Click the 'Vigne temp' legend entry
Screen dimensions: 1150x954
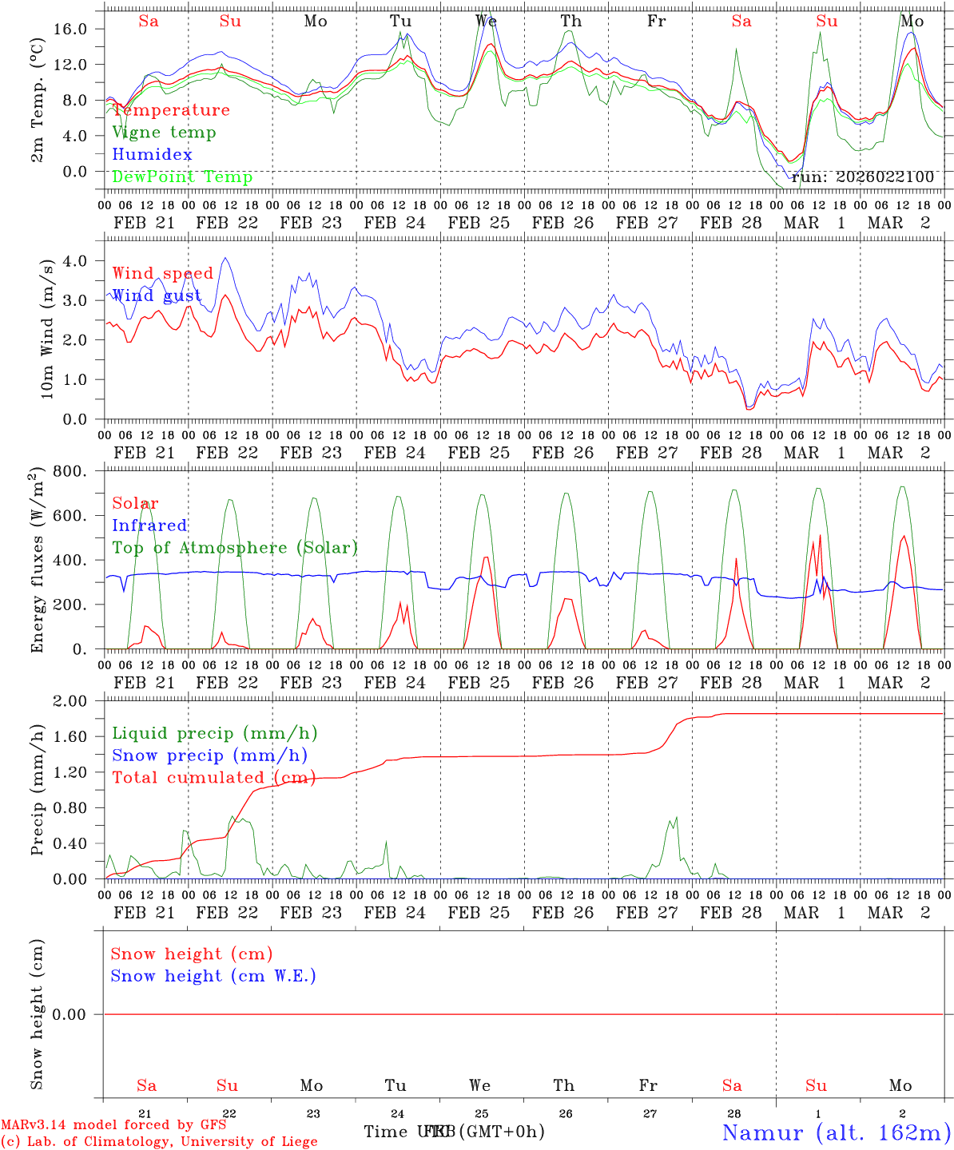164,133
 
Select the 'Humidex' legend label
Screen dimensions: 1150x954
152,154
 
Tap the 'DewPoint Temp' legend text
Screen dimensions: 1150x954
182,176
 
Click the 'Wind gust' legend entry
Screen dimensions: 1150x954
157,295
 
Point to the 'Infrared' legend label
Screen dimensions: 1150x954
149,525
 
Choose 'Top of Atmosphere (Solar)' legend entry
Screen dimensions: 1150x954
235,548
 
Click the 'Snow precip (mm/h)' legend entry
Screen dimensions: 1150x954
209,755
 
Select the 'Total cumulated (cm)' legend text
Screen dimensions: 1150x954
213,777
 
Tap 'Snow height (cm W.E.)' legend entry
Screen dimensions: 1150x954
213,976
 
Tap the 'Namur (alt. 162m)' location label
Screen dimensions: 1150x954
836,1132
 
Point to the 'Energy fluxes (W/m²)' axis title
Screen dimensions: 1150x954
37,561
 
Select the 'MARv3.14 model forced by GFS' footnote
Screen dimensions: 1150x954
113,1125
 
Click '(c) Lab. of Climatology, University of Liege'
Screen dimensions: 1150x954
159,1142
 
